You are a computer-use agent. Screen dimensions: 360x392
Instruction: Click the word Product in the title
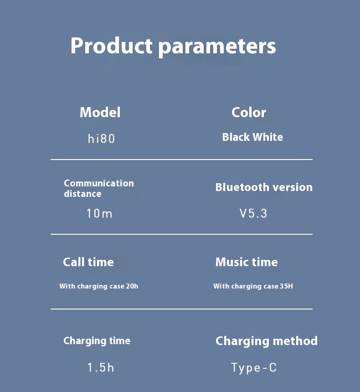(x=111, y=46)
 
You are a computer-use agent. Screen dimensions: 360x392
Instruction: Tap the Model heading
(x=100, y=112)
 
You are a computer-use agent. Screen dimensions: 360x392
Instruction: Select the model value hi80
(x=101, y=139)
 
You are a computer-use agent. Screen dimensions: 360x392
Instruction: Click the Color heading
(x=249, y=112)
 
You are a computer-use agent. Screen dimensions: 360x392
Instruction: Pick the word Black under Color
(x=236, y=137)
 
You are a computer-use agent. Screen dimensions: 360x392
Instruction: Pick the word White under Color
(x=268, y=137)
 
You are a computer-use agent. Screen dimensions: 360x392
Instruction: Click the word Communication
(x=99, y=183)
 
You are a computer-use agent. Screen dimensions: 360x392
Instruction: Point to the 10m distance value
(x=99, y=213)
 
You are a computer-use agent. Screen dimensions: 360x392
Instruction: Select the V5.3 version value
(x=253, y=213)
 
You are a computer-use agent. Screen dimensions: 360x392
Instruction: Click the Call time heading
(x=88, y=262)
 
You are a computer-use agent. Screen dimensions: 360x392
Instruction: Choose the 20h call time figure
(x=132, y=286)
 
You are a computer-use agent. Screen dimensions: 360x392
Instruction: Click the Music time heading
(x=247, y=262)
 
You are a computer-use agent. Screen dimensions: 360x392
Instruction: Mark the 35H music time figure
(x=286, y=286)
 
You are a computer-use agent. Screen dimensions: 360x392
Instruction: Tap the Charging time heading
(x=97, y=341)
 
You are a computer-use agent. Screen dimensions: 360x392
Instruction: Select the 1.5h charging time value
(x=101, y=367)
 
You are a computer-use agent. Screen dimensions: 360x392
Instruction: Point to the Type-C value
(x=254, y=368)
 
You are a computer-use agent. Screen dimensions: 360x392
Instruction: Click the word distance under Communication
(x=82, y=194)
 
